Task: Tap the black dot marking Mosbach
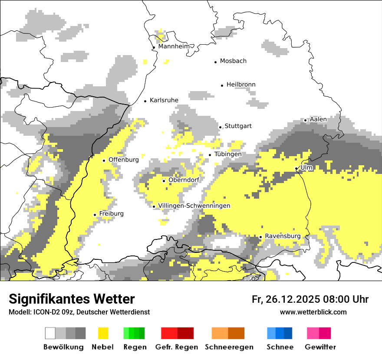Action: [215, 62]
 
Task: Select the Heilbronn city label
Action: [241, 85]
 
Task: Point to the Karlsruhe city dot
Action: [145, 101]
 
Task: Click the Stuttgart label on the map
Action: [238, 126]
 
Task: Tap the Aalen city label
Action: [318, 119]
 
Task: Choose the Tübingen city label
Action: [228, 154]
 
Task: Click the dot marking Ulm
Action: [296, 168]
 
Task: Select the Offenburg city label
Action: [124, 160]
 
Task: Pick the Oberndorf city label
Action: [184, 180]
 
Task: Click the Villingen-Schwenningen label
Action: [194, 206]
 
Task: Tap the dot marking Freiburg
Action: [95, 215]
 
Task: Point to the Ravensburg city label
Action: [283, 236]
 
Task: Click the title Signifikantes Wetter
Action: [72, 299]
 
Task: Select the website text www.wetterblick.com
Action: [313, 312]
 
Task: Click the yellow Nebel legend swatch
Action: [103, 333]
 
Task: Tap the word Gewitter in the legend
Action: [320, 347]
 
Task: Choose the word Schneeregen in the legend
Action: [229, 347]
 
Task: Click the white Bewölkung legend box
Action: [50, 333]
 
